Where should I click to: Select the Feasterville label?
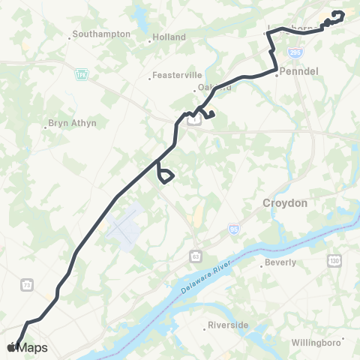[x=175, y=75]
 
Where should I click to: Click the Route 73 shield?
[x=27, y=285]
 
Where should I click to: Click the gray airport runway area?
[x=124, y=225]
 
